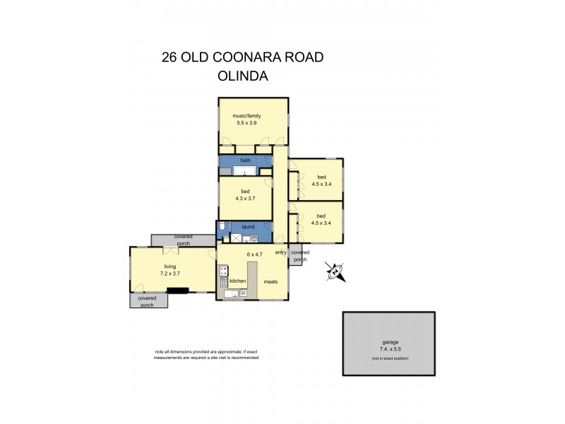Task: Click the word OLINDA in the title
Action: click(243, 76)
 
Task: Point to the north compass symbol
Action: click(335, 270)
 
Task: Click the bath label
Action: click(245, 160)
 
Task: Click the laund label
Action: click(247, 227)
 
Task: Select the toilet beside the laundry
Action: click(222, 227)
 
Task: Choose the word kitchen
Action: click(237, 281)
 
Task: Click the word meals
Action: click(270, 281)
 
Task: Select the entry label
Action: click(280, 252)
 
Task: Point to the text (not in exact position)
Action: click(390, 359)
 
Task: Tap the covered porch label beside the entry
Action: click(299, 256)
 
